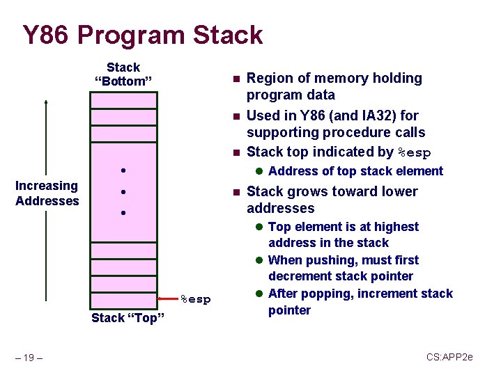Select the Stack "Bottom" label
pyautogui.click(x=123, y=74)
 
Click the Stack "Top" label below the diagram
pyautogui.click(x=128, y=319)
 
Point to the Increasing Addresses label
pyautogui.click(x=47, y=193)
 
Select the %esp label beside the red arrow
pyautogui.click(x=196, y=299)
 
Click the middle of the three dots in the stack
pyautogui.click(x=122, y=192)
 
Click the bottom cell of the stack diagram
pyautogui.click(x=123, y=298)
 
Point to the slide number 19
pyautogui.click(x=29, y=358)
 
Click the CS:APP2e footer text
pyautogui.click(x=449, y=357)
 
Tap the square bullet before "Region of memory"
pyautogui.click(x=236, y=79)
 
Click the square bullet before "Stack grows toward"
pyautogui.click(x=236, y=192)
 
